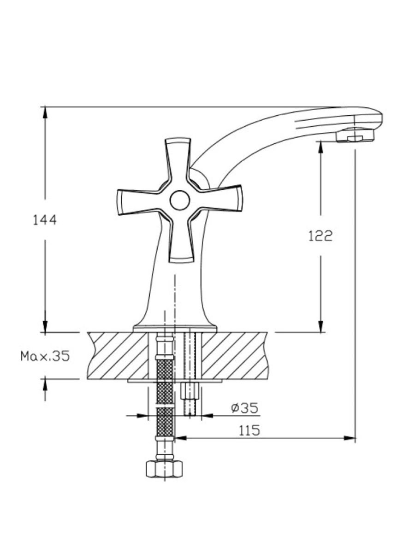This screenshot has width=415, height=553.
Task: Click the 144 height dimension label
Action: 45,220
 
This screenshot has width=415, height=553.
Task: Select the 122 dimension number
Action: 320,236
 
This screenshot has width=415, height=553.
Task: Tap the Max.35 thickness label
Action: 45,357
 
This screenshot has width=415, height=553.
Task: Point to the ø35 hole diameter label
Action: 245,408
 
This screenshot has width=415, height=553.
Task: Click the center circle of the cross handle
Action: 180,200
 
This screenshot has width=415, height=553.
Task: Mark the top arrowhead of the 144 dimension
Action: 45,112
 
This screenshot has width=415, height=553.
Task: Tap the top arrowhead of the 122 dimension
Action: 320,147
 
